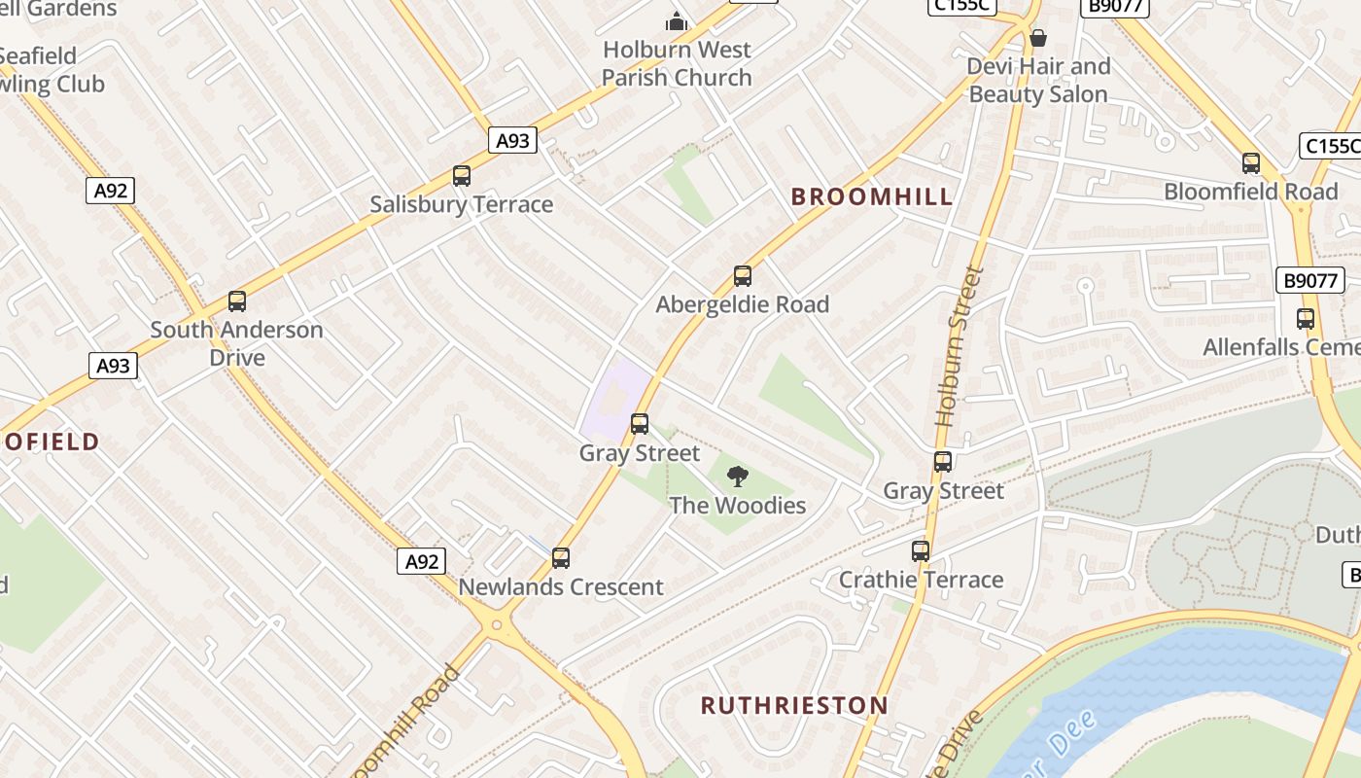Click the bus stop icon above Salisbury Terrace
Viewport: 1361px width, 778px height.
point(462,176)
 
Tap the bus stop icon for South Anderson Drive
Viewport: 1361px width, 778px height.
point(237,301)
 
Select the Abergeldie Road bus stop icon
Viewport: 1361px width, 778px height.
point(743,276)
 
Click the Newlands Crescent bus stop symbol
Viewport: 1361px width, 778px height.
point(561,558)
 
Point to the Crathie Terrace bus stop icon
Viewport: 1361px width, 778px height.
point(921,551)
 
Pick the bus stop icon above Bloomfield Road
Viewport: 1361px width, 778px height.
point(1251,163)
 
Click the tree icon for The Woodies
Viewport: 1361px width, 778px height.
point(738,477)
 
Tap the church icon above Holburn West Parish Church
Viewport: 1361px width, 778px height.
point(676,21)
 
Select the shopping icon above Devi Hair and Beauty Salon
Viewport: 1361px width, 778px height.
point(1038,39)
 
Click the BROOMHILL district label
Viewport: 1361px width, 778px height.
point(872,197)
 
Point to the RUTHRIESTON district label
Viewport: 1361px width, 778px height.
point(794,705)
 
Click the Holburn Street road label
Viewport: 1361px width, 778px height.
point(960,347)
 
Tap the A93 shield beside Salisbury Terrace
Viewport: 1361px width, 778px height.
point(512,141)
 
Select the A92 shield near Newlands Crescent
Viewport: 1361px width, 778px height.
point(421,561)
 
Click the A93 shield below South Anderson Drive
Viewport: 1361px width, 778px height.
point(114,366)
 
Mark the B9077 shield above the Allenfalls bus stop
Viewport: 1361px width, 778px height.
point(1309,281)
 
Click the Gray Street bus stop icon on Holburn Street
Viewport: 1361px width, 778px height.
point(943,462)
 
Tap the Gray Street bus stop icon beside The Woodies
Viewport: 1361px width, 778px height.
point(640,424)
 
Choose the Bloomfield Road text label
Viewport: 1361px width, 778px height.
point(1251,192)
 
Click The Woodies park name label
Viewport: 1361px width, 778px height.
point(738,506)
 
